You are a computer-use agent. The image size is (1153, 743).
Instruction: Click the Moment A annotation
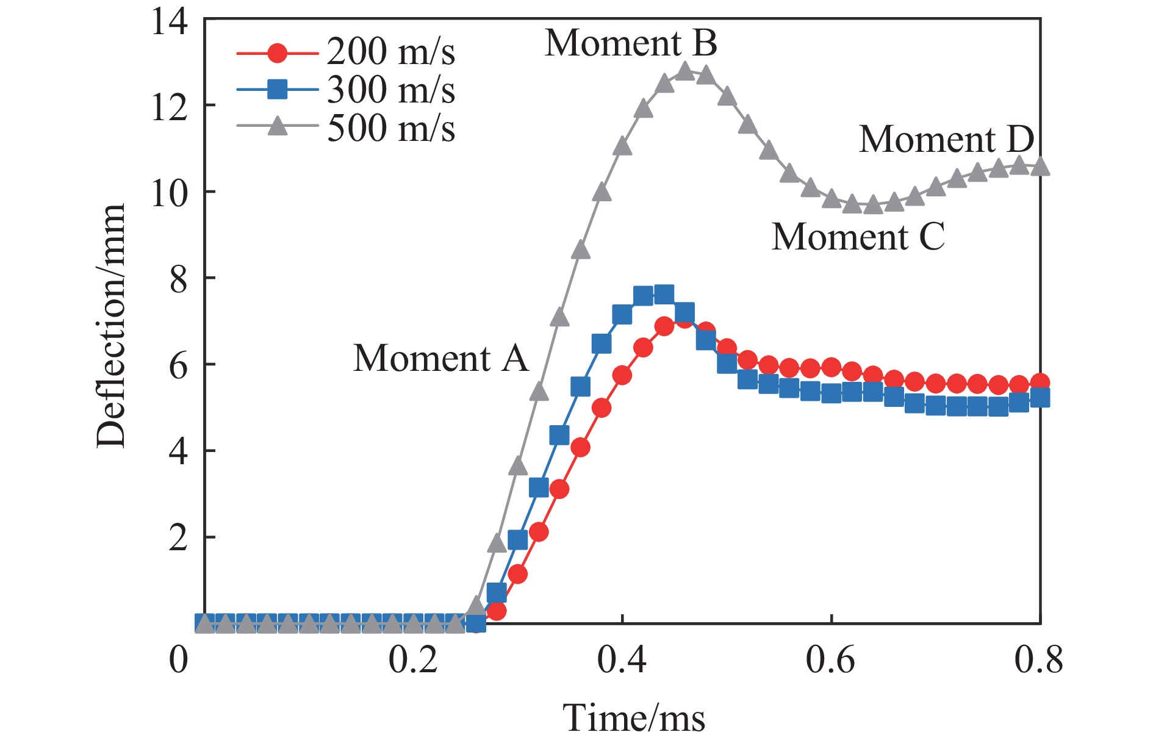click(440, 358)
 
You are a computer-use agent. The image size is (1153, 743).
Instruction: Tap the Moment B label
click(631, 43)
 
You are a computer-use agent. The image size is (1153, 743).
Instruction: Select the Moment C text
click(858, 237)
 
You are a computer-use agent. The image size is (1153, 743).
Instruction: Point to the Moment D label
click(946, 139)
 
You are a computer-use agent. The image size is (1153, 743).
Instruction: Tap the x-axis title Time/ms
click(633, 717)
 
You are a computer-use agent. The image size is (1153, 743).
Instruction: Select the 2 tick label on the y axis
click(178, 538)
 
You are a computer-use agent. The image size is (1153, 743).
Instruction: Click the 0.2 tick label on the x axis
click(414, 660)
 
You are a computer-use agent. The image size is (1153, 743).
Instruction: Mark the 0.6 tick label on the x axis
click(830, 660)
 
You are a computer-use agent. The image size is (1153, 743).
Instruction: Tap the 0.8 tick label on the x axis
click(1038, 660)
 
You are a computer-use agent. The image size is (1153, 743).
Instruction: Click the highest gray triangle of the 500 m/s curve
click(685, 71)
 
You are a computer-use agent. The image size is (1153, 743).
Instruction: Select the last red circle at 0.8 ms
click(1040, 383)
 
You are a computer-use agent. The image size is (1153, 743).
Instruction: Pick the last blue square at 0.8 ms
click(1040, 398)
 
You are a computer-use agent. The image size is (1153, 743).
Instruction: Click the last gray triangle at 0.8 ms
click(1040, 167)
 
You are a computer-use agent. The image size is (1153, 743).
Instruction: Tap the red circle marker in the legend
click(278, 53)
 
